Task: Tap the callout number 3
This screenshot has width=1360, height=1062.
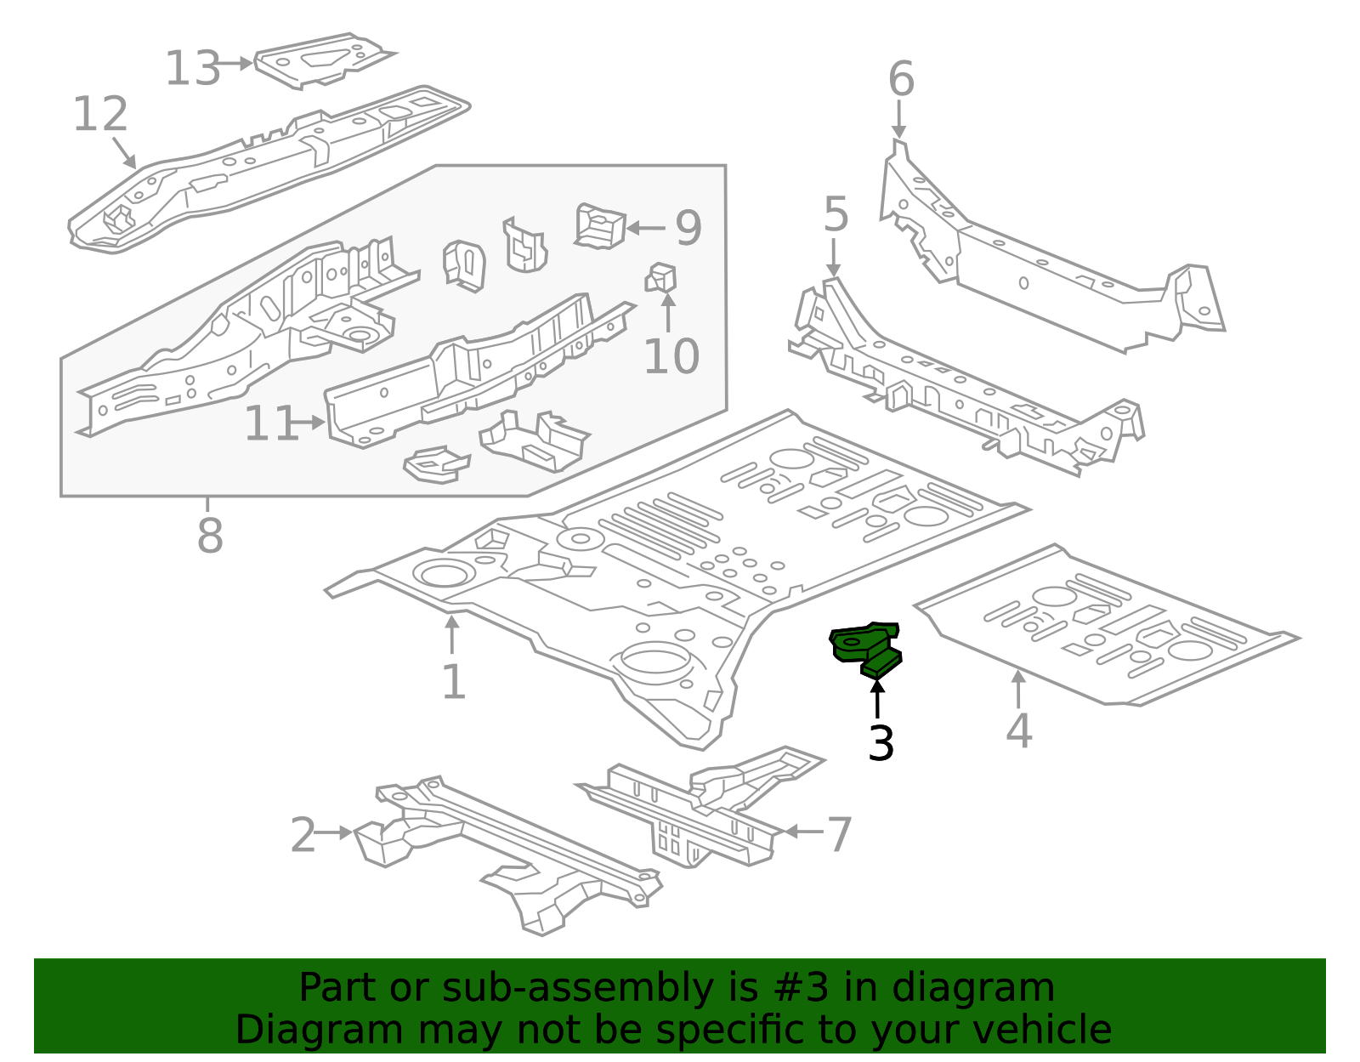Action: [x=881, y=744]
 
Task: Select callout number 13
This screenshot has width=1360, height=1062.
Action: [x=192, y=69]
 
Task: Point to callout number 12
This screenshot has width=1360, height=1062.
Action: [x=100, y=115]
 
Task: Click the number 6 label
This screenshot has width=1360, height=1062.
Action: [x=901, y=80]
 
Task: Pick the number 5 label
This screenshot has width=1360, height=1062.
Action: [x=836, y=214]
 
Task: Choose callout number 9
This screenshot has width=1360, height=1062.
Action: [x=688, y=228]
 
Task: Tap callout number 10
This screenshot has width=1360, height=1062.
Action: [x=671, y=356]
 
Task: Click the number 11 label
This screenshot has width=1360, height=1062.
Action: [x=270, y=423]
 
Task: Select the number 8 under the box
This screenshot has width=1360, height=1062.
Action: [x=209, y=537]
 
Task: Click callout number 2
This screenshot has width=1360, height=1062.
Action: [x=303, y=836]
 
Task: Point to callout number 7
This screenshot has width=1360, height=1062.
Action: [x=839, y=834]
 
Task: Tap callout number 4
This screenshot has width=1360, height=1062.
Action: [x=1018, y=731]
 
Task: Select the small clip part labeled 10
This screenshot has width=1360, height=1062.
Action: [x=662, y=277]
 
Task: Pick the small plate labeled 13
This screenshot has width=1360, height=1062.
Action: [x=321, y=60]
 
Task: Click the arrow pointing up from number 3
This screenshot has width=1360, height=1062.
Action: [x=877, y=697]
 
